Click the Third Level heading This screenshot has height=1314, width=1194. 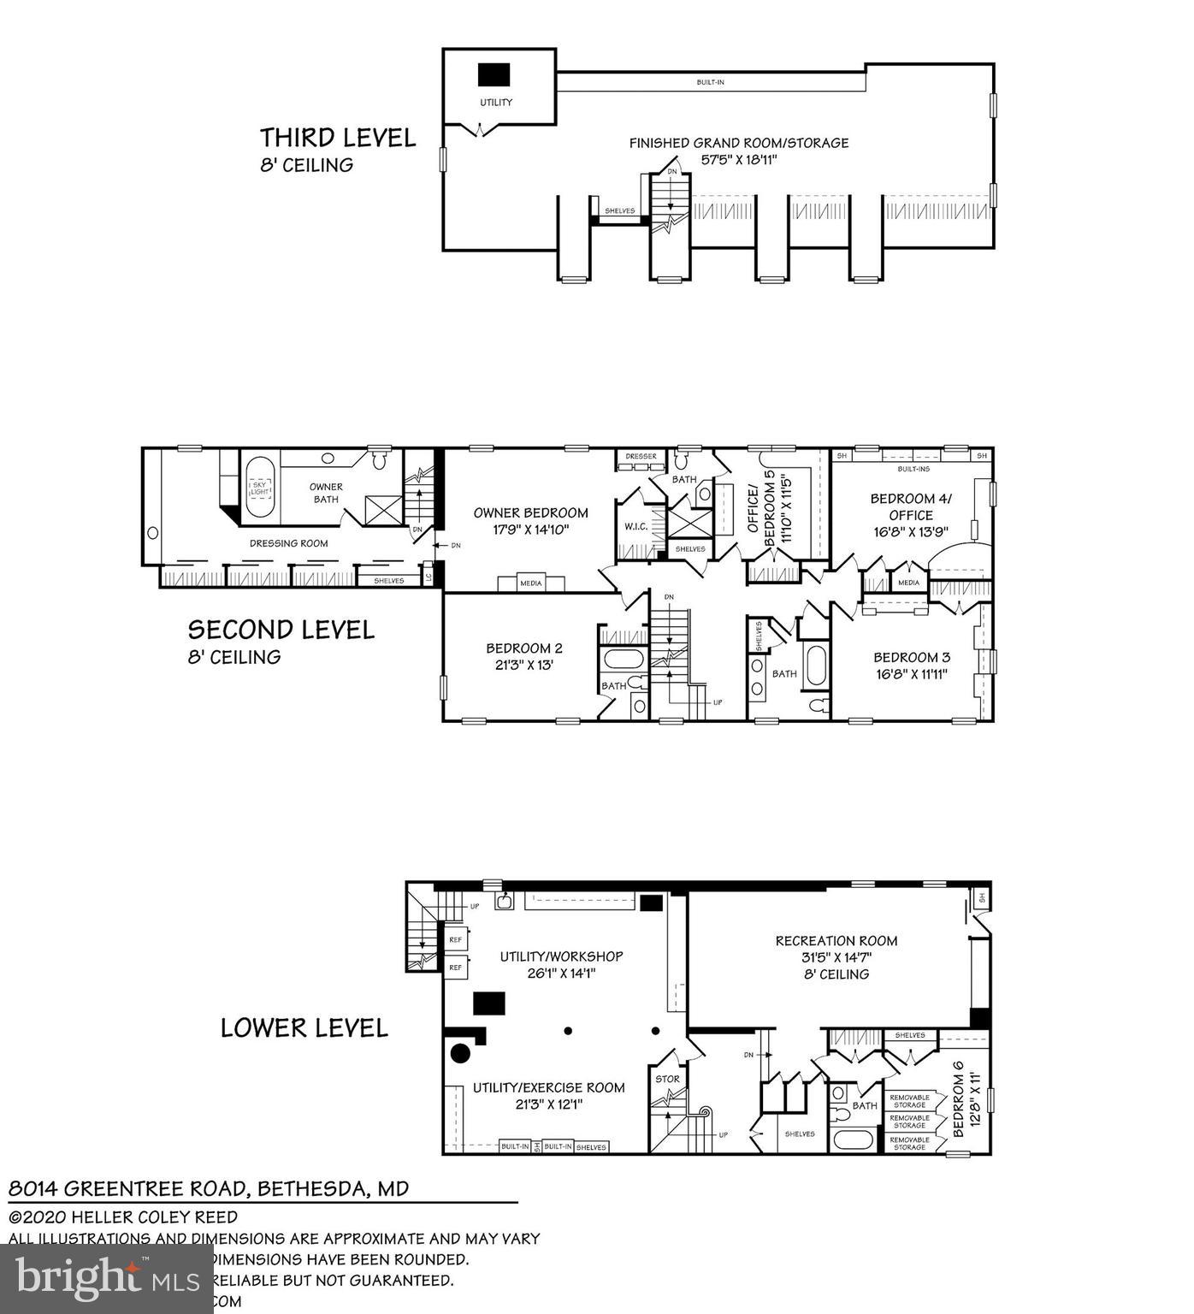point(338,138)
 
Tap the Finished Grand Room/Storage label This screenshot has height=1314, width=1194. point(739,143)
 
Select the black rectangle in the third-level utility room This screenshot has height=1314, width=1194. point(494,74)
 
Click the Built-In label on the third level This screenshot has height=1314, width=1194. point(710,83)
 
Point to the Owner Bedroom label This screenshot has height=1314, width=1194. point(530,513)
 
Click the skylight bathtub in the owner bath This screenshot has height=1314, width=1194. point(260,488)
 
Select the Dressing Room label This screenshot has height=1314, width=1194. point(288,543)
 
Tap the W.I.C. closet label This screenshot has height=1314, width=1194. point(634,526)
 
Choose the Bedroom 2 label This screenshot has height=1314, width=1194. point(524,648)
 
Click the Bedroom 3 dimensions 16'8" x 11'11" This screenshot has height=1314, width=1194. point(911,673)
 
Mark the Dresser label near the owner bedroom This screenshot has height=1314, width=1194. point(641,457)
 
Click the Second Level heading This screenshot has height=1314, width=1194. point(281,630)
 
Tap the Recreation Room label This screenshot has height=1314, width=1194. point(836,941)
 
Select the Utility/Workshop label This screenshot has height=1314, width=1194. point(561,956)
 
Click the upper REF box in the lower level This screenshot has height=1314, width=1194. point(455,939)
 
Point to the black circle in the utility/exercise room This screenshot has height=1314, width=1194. point(459,1053)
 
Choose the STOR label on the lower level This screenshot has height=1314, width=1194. point(667,1079)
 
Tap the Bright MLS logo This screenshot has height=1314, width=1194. point(107,1278)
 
